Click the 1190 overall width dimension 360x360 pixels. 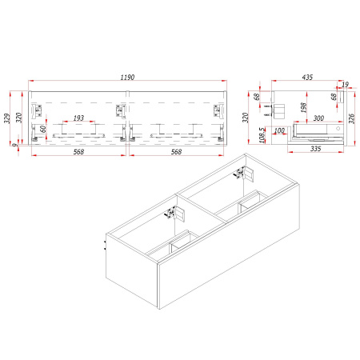127,78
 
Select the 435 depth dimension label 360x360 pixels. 307,78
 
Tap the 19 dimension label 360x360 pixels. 345,85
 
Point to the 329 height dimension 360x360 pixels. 7,118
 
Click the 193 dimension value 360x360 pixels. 78,118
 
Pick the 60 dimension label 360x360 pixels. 42,129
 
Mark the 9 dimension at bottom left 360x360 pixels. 15,145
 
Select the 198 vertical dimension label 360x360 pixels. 303,107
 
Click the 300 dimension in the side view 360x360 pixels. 318,118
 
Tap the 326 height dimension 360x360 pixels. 352,118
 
